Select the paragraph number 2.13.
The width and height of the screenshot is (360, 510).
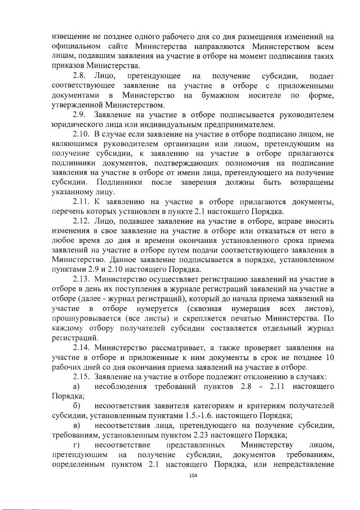point(82,278)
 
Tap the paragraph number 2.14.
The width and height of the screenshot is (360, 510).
point(82,347)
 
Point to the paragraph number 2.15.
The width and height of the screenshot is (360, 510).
point(82,376)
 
